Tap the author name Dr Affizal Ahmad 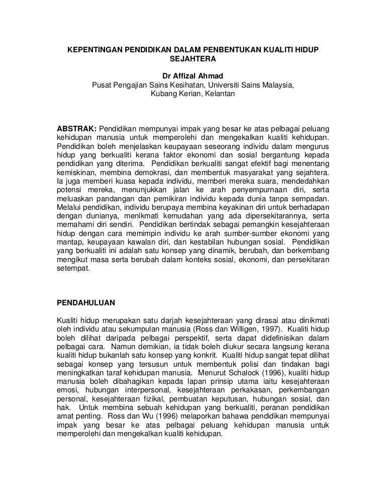click(193, 76)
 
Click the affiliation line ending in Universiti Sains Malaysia click(193, 85)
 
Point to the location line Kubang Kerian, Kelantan click(193, 94)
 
